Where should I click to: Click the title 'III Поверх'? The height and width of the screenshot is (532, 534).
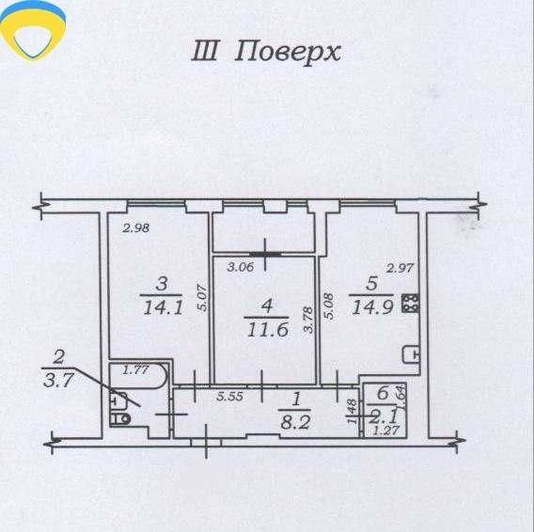(x=266, y=52)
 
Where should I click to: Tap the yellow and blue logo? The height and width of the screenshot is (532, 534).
(x=33, y=32)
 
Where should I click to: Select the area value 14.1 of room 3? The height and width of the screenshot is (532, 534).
(x=164, y=308)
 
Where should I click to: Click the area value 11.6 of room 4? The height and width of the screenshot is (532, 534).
(x=268, y=330)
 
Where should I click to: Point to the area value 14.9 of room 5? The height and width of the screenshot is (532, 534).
(x=373, y=307)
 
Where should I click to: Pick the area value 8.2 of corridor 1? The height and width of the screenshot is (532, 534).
(x=295, y=423)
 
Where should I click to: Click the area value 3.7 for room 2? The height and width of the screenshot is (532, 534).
(x=58, y=380)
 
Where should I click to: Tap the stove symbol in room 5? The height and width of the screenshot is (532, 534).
(x=410, y=303)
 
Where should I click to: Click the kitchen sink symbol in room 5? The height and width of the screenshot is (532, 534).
(x=411, y=355)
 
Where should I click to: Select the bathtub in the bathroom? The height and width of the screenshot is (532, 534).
(x=139, y=375)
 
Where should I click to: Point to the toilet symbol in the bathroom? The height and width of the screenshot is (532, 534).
(x=120, y=418)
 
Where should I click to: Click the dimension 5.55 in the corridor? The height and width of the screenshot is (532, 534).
(x=230, y=396)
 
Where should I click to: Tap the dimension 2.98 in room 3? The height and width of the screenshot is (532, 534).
(x=136, y=227)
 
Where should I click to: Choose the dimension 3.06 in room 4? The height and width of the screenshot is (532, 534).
(x=241, y=267)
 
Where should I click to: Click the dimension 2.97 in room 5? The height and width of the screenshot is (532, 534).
(x=400, y=268)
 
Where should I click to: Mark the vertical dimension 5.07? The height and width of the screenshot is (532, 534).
(x=202, y=298)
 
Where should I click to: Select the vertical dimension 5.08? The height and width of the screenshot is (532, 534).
(x=329, y=305)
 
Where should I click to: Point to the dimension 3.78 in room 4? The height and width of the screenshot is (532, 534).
(x=308, y=320)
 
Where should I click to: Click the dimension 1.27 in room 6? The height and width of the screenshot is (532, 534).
(x=385, y=430)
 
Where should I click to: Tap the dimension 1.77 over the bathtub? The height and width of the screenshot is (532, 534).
(x=135, y=369)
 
